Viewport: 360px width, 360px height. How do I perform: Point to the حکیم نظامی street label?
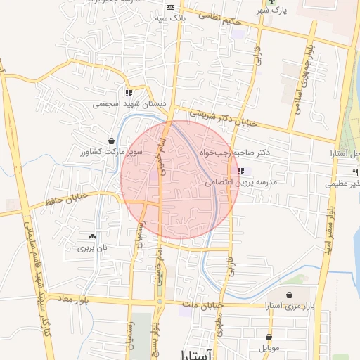click(219, 19)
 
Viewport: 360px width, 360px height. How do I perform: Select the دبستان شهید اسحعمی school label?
click(129, 104)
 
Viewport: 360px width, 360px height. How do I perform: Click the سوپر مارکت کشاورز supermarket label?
click(110, 152)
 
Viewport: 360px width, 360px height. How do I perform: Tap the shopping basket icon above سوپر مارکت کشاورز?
click(111, 141)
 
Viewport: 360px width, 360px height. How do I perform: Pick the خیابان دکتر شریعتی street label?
click(224, 118)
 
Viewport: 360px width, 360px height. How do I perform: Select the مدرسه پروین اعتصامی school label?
click(241, 182)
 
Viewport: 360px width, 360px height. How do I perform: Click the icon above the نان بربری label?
click(92, 236)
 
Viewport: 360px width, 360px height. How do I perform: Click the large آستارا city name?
click(201, 354)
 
